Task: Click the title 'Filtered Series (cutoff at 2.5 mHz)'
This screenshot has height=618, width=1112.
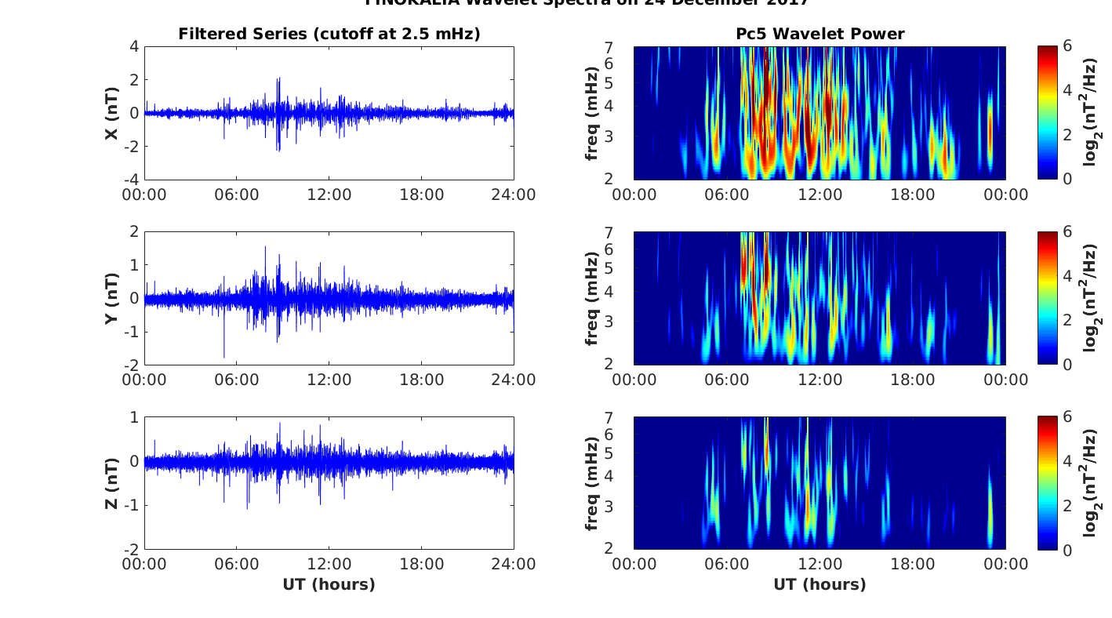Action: [x=329, y=34]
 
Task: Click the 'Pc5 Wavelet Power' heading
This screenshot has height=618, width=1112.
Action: [x=819, y=34]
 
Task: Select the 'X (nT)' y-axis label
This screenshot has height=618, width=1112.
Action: [x=112, y=113]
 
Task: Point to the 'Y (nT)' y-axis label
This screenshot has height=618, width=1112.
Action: [x=112, y=298]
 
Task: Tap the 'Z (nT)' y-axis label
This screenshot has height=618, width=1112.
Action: [x=112, y=483]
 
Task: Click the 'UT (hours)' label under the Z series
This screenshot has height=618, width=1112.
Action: [x=329, y=584]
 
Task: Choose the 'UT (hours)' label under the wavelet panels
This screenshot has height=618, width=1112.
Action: [x=819, y=584]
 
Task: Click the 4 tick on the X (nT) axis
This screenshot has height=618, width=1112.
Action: [x=134, y=47]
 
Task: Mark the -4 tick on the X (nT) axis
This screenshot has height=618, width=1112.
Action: [x=130, y=180]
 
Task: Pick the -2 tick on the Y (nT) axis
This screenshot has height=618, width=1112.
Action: [x=130, y=365]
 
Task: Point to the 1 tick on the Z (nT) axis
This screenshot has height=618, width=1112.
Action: [x=134, y=417]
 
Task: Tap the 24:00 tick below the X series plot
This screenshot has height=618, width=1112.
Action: [x=514, y=194]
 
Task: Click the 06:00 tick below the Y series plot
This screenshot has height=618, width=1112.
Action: [x=237, y=380]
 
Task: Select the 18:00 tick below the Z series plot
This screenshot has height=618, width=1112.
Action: [x=421, y=565]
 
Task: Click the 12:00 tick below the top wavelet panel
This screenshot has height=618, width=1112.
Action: [x=819, y=194]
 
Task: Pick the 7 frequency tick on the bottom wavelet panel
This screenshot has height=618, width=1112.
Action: [x=620, y=418]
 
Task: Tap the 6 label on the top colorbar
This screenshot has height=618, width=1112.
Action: [x=1068, y=47]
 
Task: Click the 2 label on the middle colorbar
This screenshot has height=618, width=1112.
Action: [x=1068, y=320]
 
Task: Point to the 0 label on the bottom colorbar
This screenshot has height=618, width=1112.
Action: [x=1068, y=550]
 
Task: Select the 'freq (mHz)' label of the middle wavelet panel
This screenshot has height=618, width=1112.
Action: [x=592, y=298]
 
